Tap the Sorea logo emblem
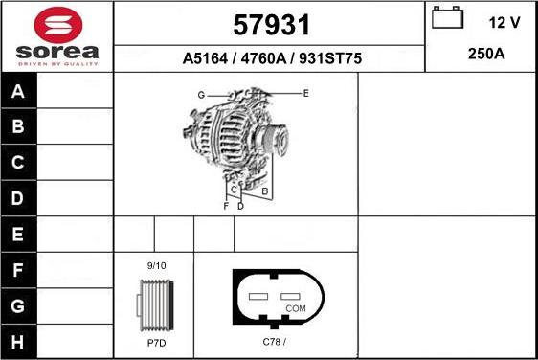point(56,23)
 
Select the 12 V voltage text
point(504,20)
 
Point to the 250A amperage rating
point(486,54)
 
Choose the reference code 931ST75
point(331,58)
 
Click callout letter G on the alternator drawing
point(201,95)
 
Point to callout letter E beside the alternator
point(305,93)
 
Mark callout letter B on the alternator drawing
point(264,191)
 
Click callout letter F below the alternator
point(226,206)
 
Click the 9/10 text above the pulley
point(156,264)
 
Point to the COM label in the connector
point(296,308)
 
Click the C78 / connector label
point(275,342)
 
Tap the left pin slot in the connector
point(258,296)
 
